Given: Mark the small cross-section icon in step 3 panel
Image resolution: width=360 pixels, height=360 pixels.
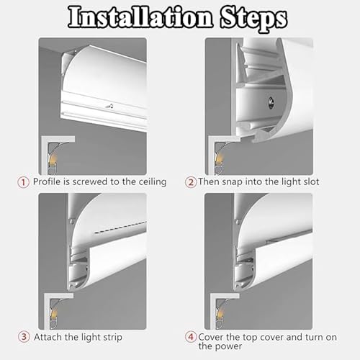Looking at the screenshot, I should point(54,306).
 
